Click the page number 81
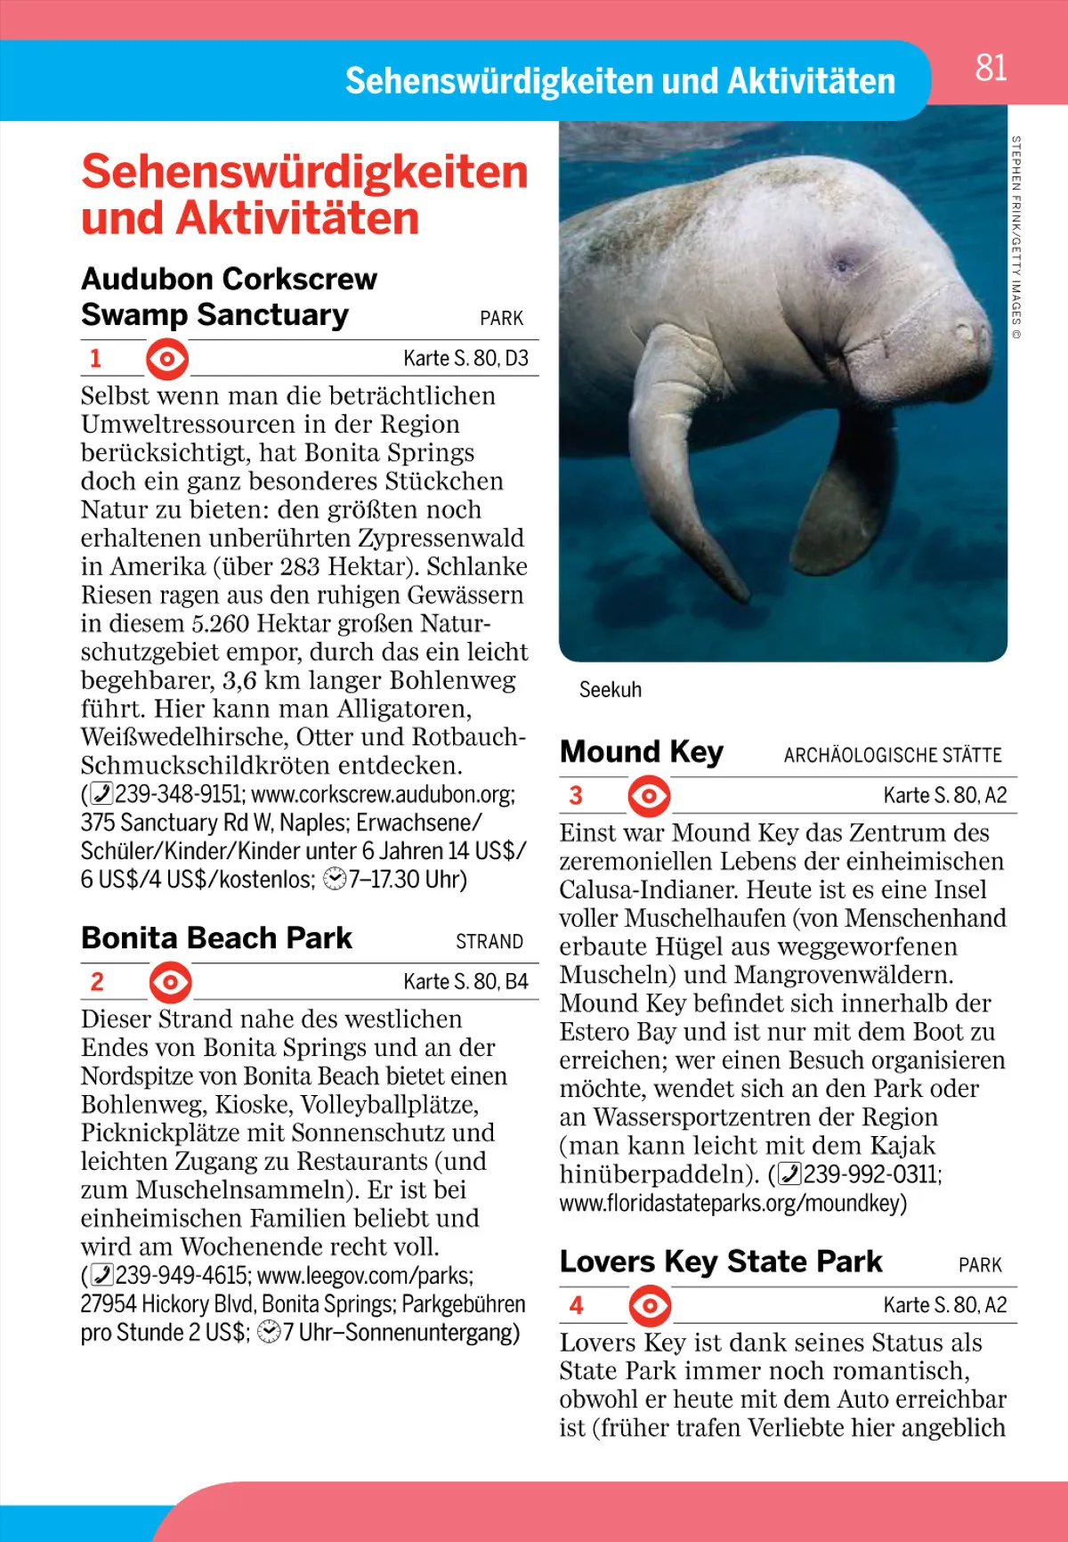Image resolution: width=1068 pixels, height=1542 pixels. coord(991,68)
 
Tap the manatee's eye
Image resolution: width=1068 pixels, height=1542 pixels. coord(841,264)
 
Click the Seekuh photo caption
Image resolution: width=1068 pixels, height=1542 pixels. coord(610,690)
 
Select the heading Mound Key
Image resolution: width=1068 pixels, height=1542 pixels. coord(642,752)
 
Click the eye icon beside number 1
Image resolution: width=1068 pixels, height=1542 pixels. coord(167,359)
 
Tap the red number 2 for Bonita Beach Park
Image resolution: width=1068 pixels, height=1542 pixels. coord(97,982)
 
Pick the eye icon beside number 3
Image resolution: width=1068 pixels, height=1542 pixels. coord(650,796)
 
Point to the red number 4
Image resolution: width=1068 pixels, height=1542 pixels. coord(577,1306)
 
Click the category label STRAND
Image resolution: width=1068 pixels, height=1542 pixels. coord(489,942)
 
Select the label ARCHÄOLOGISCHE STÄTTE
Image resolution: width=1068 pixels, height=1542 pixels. coord(893,756)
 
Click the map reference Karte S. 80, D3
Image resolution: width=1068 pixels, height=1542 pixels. coord(465,359)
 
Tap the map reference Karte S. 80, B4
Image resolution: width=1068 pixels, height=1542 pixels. coord(465,982)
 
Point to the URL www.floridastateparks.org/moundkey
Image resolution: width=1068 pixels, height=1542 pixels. coord(732,1204)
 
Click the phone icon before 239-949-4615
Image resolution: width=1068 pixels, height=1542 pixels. coord(103,1276)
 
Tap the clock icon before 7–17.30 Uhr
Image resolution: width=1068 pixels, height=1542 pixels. coord(336,880)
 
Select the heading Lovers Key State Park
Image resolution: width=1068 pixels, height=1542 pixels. coord(721,1262)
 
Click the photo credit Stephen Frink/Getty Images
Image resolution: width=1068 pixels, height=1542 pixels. coord(1016,236)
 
